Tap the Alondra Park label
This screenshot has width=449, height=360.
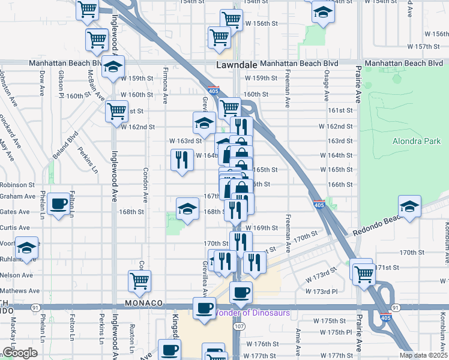(x=416, y=142)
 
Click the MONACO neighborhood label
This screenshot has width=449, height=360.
(x=143, y=303)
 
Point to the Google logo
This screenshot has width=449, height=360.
(x=19, y=353)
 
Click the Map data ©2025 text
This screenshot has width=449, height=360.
(x=423, y=355)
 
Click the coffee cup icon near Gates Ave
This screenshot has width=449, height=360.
(x=59, y=205)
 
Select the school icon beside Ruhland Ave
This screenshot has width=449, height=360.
(x=27, y=247)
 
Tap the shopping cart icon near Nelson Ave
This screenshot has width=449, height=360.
(x=139, y=280)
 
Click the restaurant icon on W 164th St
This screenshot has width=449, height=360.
(x=182, y=160)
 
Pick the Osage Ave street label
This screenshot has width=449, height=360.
(x=327, y=88)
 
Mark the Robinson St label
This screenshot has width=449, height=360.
(x=17, y=185)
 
